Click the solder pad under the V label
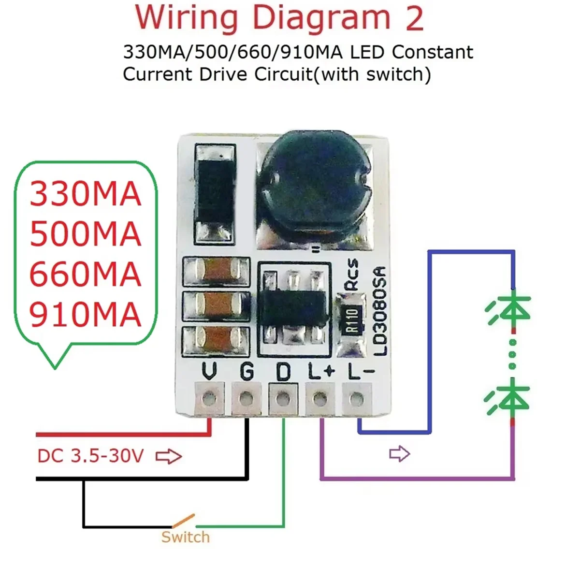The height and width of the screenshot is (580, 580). [x=209, y=399]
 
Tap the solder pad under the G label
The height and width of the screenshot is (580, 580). [x=246, y=399]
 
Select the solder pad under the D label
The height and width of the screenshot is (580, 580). [x=283, y=399]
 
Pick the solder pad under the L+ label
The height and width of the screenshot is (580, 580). [x=319, y=399]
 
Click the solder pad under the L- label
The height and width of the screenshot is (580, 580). [x=356, y=399]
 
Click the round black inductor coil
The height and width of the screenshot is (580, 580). [x=315, y=184]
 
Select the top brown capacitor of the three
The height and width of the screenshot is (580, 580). [x=216, y=271]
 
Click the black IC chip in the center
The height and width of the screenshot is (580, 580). [x=292, y=307]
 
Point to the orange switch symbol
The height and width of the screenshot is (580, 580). [x=184, y=521]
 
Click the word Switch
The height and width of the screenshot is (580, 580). [x=186, y=537]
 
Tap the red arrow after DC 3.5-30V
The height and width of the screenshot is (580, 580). [x=169, y=456]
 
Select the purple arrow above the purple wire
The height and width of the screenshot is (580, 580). [x=399, y=454]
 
